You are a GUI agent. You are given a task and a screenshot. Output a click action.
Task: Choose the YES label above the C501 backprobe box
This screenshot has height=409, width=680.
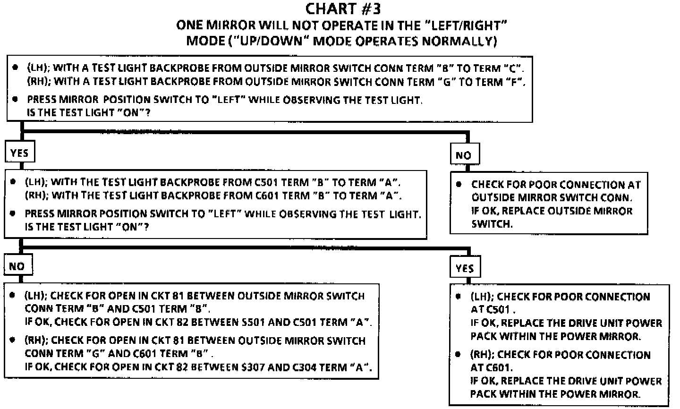click(19, 153)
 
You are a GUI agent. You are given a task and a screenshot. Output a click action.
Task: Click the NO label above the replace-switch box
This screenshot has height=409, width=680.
click(463, 155)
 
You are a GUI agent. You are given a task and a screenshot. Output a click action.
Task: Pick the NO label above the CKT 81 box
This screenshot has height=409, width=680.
click(17, 266)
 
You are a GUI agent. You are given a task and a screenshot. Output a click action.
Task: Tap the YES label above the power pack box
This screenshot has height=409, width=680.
click(465, 268)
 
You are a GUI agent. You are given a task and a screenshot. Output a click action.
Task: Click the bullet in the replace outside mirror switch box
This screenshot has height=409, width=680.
click(458, 184)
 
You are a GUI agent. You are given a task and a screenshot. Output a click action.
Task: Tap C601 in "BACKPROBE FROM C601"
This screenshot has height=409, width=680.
click(262, 195)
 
